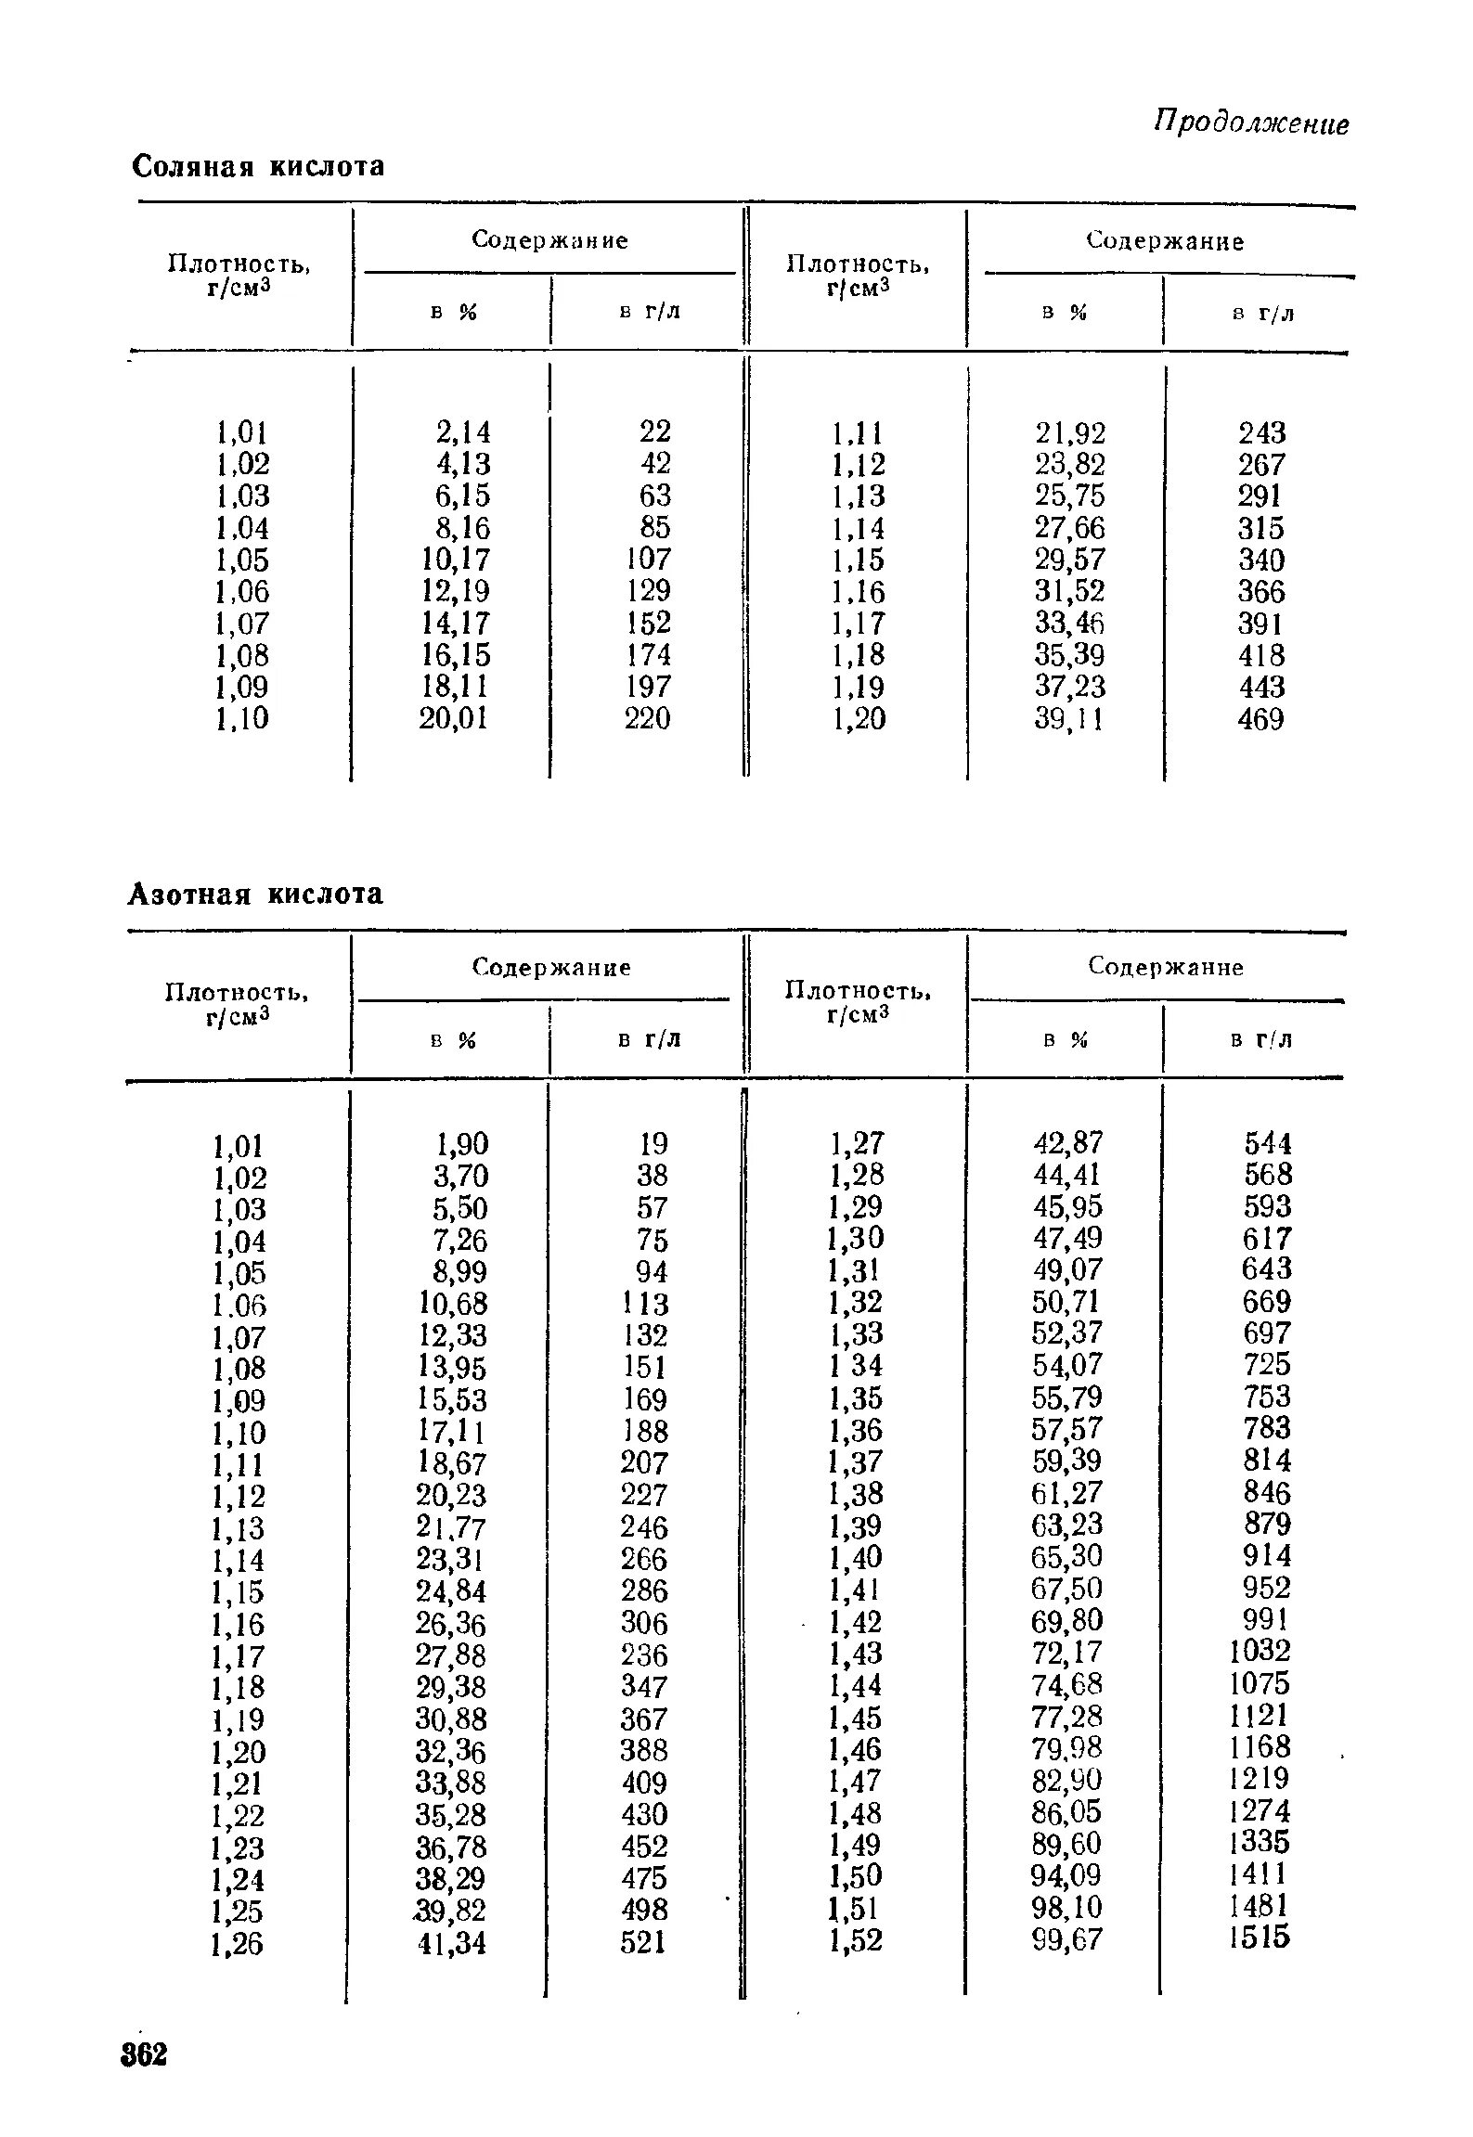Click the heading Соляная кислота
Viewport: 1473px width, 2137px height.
pos(258,167)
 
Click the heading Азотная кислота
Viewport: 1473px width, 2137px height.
pos(255,894)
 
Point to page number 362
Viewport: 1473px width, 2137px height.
pos(144,2054)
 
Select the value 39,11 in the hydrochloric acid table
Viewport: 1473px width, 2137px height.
pos(1070,719)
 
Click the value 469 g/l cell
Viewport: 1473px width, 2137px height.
pos(1261,719)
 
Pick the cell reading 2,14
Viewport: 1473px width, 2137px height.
pos(463,431)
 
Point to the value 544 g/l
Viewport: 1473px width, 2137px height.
pos(1268,1143)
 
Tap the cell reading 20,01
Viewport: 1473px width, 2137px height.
pos(454,718)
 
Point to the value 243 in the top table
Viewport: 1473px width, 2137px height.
pos(1262,432)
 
